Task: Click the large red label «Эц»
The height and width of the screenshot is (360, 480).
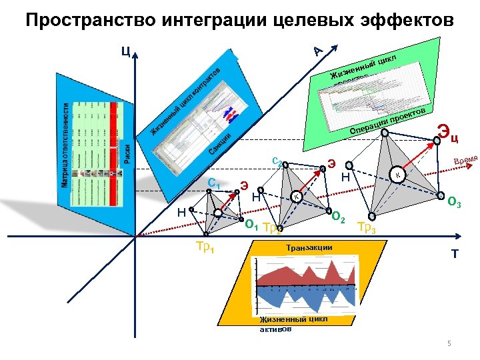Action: [x=447, y=135]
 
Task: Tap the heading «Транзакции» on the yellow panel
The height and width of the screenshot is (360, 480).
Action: [x=309, y=248]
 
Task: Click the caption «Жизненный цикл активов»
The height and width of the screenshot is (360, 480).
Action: [x=293, y=323]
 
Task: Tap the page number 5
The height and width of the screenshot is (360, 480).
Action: [x=449, y=344]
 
